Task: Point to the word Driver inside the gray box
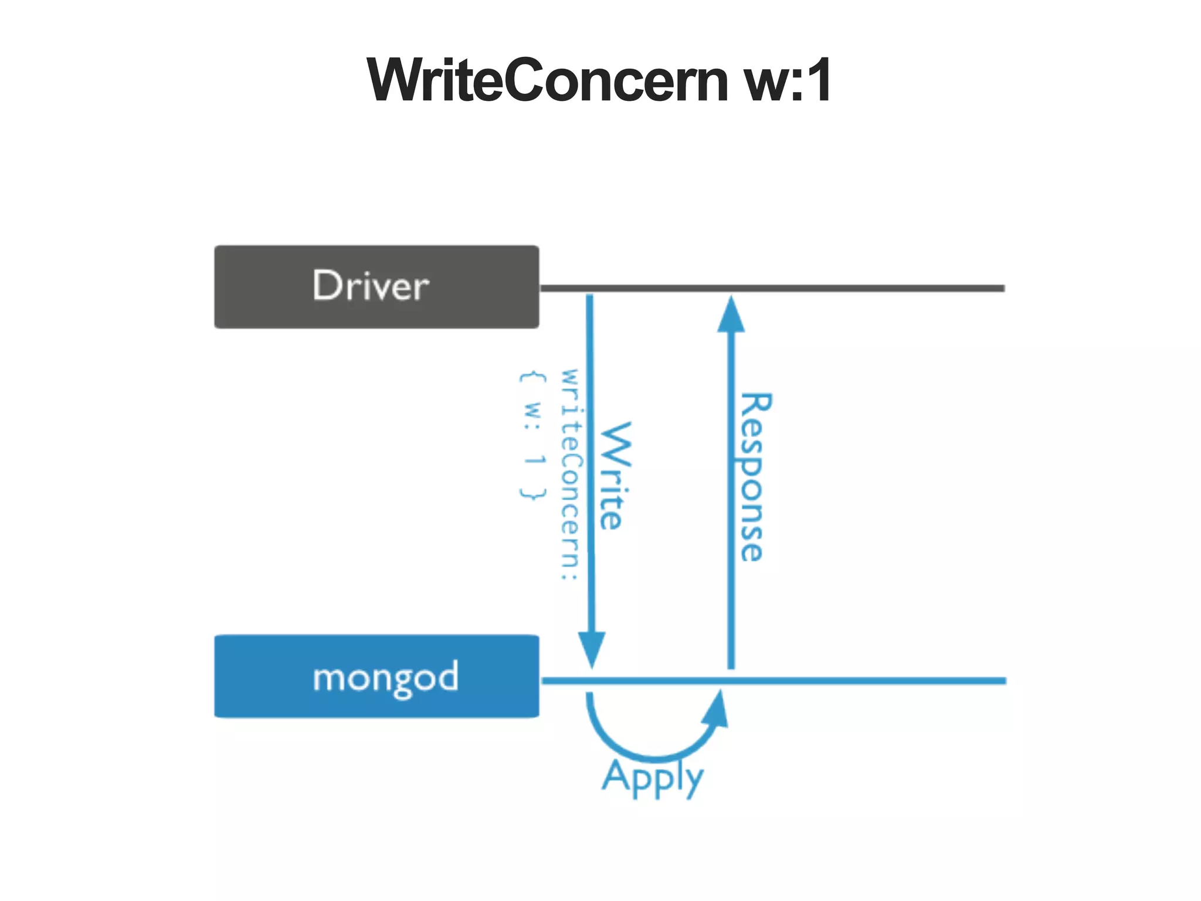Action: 371,286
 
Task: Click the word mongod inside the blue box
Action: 385,678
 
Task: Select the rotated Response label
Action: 754,476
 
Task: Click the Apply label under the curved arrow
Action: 653,777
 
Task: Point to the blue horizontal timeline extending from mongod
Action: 868,681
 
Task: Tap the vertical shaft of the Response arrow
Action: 731,587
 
